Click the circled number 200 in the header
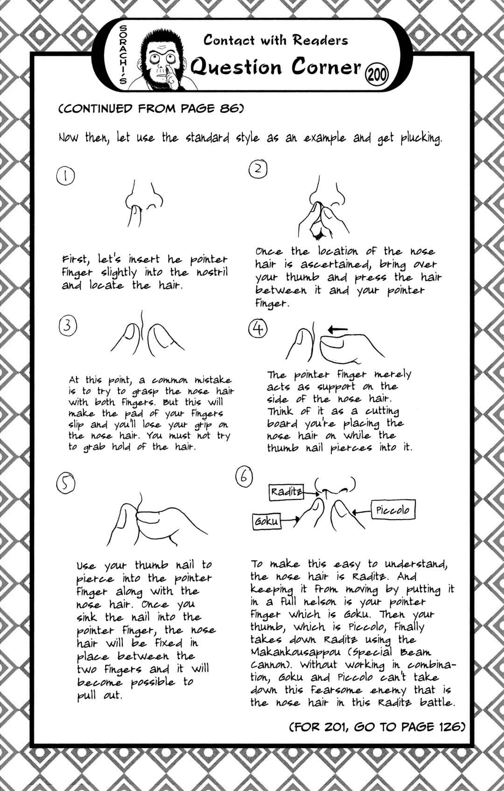[378, 75]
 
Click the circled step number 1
[65, 176]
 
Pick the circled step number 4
[258, 329]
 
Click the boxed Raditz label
[287, 492]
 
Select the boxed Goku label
[267, 521]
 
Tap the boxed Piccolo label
[393, 510]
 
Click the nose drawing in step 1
[144, 203]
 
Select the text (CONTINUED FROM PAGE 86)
[151, 108]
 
